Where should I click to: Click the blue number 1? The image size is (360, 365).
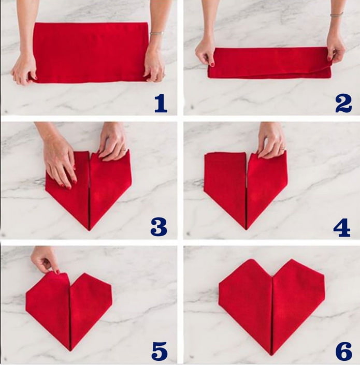click(161, 104)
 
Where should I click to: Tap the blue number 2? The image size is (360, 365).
click(343, 104)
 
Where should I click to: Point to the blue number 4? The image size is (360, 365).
click(342, 227)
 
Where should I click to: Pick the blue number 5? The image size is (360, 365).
click(160, 351)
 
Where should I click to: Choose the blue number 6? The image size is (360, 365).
click(343, 351)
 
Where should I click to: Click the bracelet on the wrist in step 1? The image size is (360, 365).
click(156, 33)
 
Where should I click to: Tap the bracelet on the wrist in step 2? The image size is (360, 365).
click(337, 14)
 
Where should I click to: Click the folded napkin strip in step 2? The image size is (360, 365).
click(269, 62)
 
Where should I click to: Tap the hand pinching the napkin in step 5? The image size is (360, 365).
click(46, 259)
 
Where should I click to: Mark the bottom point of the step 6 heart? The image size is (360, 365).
click(272, 354)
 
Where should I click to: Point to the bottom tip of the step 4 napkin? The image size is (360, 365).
click(246, 228)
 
